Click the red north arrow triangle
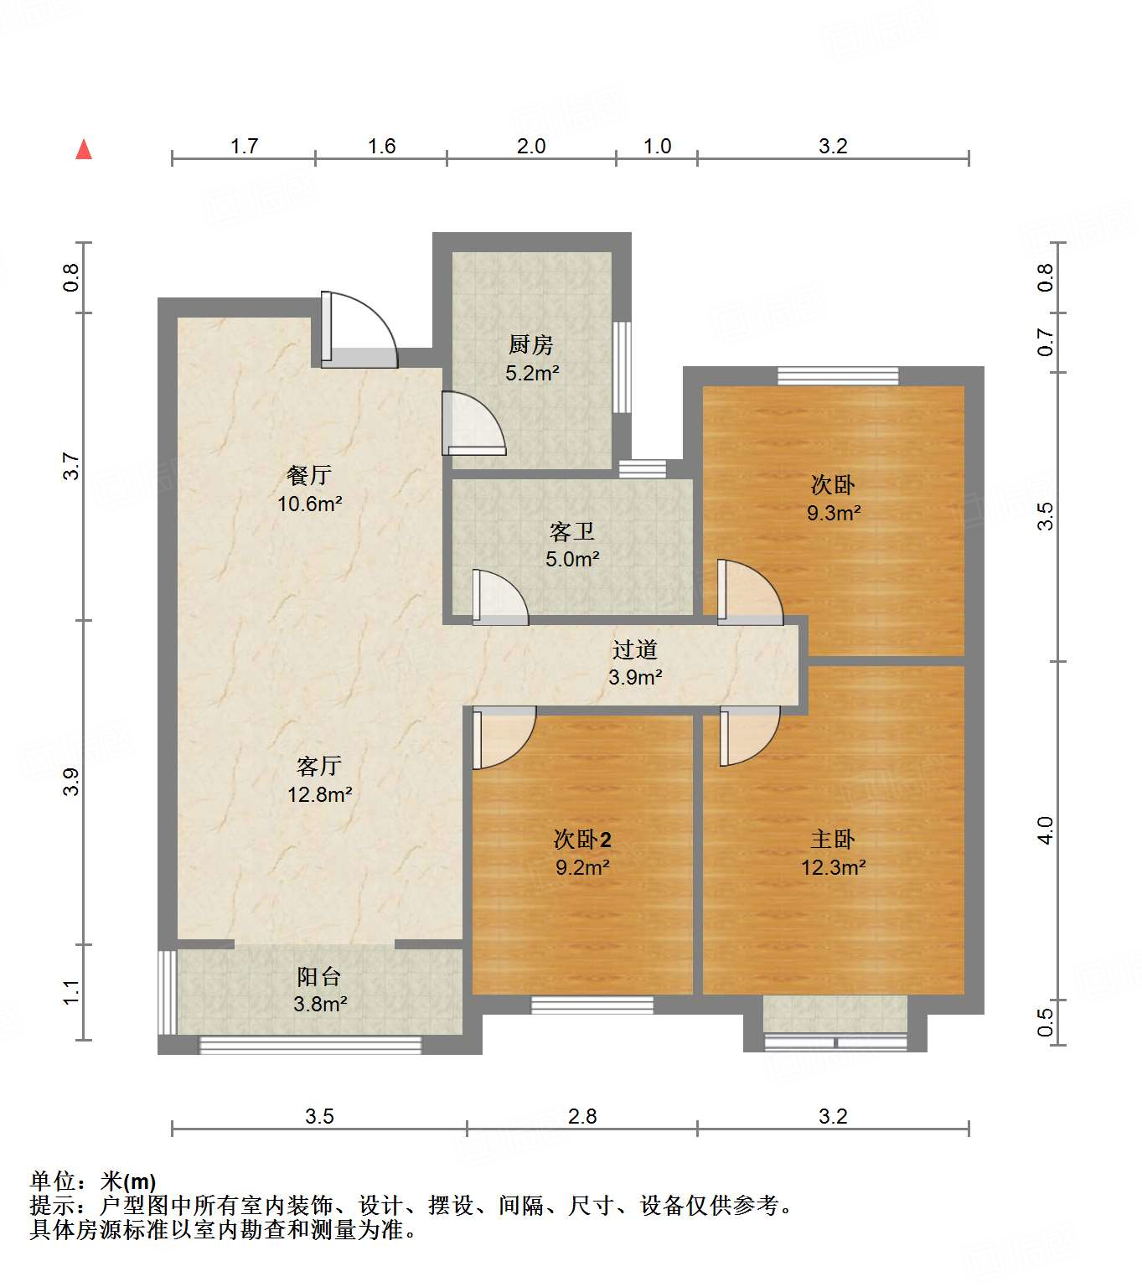coord(84,150)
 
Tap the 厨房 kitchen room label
coord(531,344)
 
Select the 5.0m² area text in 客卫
coord(572,560)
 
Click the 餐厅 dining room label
coord(309,475)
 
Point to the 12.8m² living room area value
coord(319,794)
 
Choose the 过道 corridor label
coord(634,649)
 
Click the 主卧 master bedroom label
coord(833,839)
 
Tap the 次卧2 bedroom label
coord(582,839)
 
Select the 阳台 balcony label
coord(319,976)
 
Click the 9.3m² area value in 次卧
coord(834,513)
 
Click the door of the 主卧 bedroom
coord(748,735)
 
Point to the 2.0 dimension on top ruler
coord(531,147)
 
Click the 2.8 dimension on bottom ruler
coord(582,1116)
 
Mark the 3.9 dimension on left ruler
coord(71,782)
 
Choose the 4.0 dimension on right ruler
coord(1045,830)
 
